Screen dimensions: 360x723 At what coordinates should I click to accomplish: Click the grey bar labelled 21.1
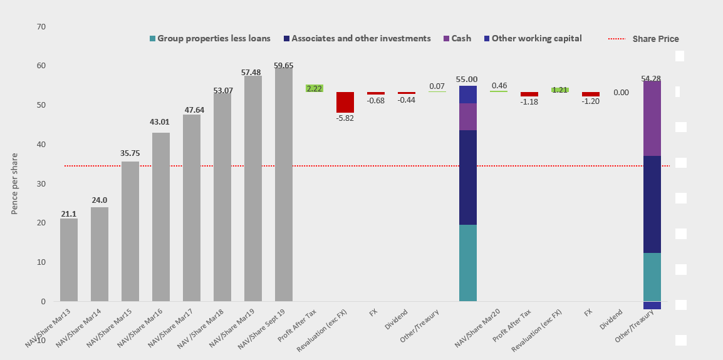pyautogui.click(x=69, y=260)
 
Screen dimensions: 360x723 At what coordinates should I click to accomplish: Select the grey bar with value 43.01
pyautogui.click(x=161, y=217)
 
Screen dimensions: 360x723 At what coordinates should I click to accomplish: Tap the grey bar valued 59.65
pyautogui.click(x=283, y=184)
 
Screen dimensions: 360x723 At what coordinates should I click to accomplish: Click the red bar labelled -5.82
pyautogui.click(x=345, y=102)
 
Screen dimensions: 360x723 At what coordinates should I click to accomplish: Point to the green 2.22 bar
pyautogui.click(x=314, y=88)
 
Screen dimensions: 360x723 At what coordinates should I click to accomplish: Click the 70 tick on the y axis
pyautogui.click(x=41, y=27)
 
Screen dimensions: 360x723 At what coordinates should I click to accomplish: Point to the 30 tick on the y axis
pyautogui.click(x=41, y=183)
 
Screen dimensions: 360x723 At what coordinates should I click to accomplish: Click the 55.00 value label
pyautogui.click(x=467, y=80)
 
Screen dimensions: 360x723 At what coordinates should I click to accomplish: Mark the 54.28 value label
pyautogui.click(x=652, y=78)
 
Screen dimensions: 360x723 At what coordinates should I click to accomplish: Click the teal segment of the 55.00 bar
pyautogui.click(x=467, y=263)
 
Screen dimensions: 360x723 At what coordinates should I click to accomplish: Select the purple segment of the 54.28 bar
pyautogui.click(x=652, y=118)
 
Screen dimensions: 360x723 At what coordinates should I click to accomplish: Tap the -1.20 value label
pyautogui.click(x=591, y=101)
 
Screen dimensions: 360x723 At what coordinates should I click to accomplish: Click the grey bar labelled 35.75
pyautogui.click(x=130, y=231)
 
